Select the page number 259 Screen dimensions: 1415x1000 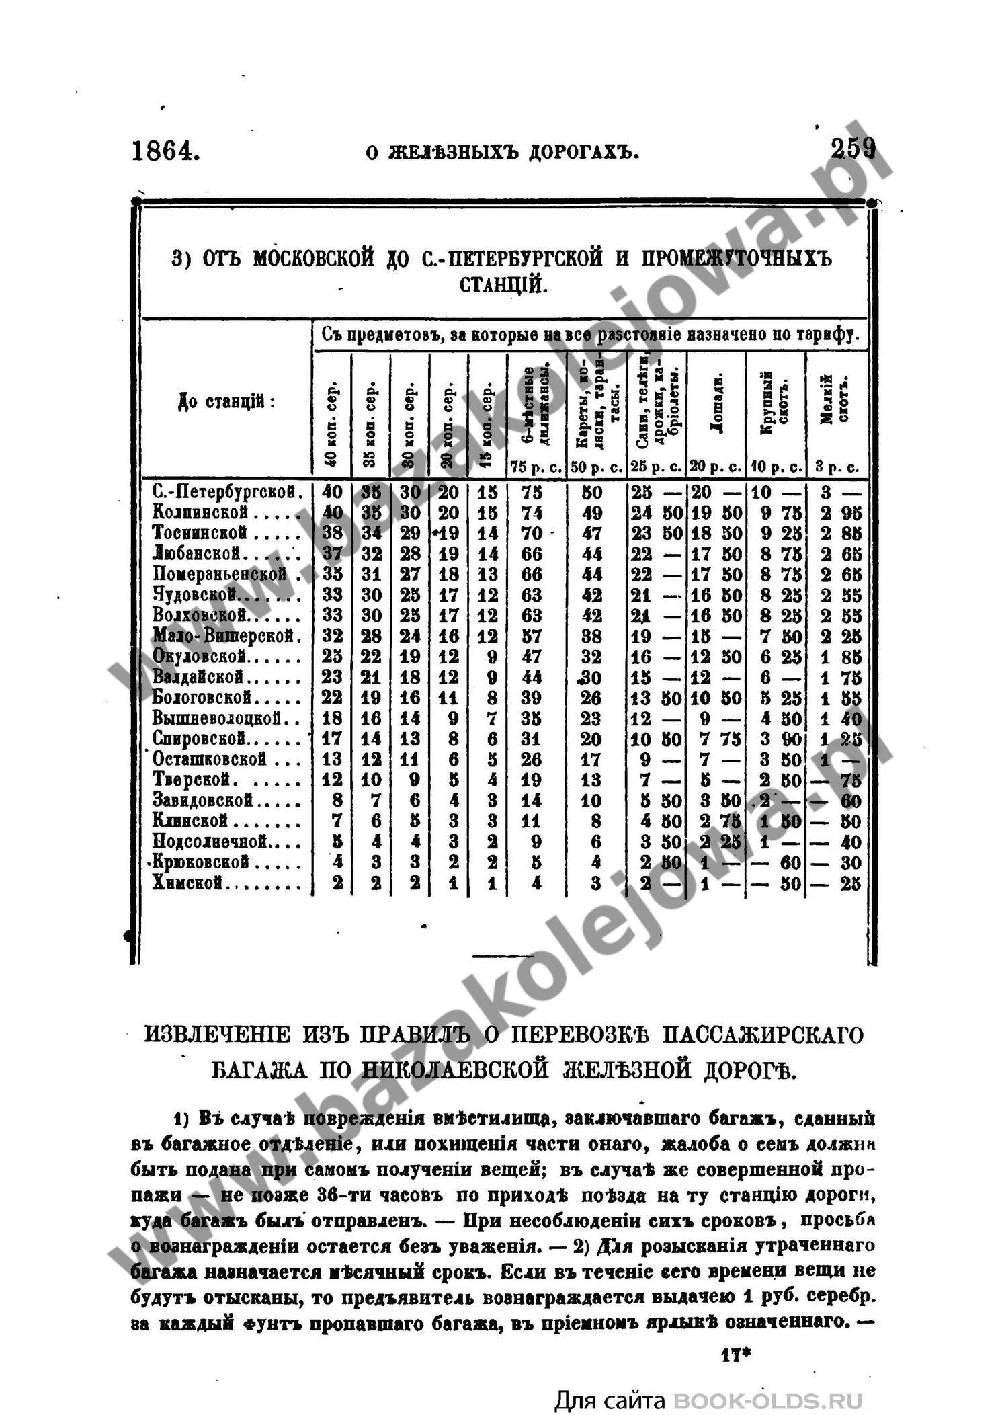pyautogui.click(x=853, y=148)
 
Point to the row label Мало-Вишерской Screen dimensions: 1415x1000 pyautogui.click(x=224, y=635)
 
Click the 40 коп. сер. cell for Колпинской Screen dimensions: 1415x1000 pyautogui.click(x=332, y=513)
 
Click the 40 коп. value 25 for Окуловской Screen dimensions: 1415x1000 pyautogui.click(x=332, y=656)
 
